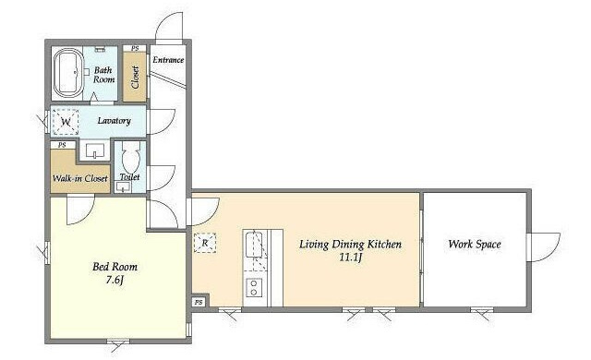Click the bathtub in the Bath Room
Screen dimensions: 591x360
pos(68,73)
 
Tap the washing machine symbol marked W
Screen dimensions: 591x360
pos(66,122)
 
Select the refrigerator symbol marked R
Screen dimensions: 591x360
pos(205,243)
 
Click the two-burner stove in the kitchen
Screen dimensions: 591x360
pos(254,288)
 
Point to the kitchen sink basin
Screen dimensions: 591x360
pos(255,245)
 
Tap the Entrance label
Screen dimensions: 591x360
pos(168,60)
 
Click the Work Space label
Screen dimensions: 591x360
pos(475,244)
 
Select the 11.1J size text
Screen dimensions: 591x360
pos(351,258)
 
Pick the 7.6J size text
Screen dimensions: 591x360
pos(115,281)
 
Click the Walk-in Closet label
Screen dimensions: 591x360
pos(80,178)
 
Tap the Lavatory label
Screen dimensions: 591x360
pos(114,121)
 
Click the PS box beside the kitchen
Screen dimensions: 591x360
pos(199,302)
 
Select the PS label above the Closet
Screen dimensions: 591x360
pos(135,48)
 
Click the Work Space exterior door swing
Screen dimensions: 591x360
pos(544,247)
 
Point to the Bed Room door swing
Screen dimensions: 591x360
pos(80,210)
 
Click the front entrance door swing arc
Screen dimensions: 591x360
pos(169,26)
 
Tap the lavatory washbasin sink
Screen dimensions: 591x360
pos(94,151)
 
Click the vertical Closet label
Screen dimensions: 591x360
pos(135,78)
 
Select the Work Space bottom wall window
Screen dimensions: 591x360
pos(482,311)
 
